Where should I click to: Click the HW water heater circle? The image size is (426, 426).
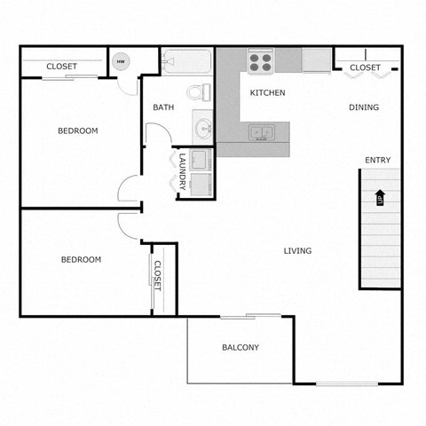[x=122, y=62]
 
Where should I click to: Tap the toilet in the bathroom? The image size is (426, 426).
[x=199, y=91]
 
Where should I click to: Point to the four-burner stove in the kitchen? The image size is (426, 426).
[x=261, y=62]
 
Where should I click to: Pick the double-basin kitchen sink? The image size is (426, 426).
[x=261, y=133]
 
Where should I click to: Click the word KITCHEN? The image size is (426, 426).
[x=267, y=92]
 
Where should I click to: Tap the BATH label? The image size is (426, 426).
[x=163, y=108]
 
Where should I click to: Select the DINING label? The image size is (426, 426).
[x=364, y=107]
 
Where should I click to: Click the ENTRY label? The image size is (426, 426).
[x=377, y=160]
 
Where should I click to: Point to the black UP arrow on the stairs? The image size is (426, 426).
[x=380, y=197]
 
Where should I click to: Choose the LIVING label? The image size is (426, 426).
[x=297, y=251]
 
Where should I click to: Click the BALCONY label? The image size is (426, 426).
[x=241, y=347]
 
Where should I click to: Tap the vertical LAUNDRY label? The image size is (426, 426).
[x=182, y=171]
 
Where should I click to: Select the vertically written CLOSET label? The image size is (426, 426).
[x=158, y=275]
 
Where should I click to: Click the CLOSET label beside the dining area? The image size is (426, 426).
[x=365, y=67]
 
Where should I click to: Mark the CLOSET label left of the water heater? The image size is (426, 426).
[x=61, y=67]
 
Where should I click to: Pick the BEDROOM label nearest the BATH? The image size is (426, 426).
[x=78, y=130]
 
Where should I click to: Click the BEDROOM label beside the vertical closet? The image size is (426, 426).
[x=81, y=260]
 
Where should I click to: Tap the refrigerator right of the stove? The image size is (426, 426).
[x=316, y=60]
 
